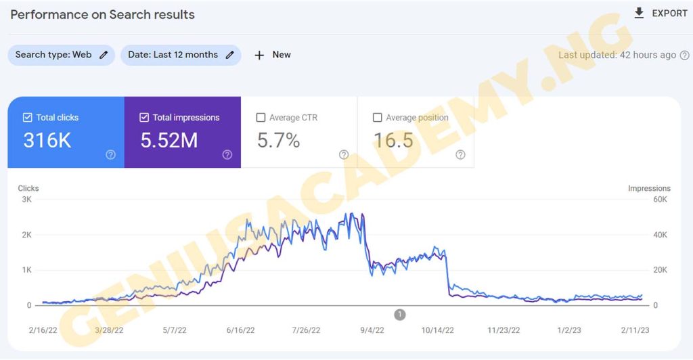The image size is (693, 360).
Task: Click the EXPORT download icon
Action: pos(639,14)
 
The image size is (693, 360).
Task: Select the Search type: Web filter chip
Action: pos(61,55)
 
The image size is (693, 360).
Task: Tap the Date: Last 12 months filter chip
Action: pos(181,55)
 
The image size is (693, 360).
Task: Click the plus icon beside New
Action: pos(259,55)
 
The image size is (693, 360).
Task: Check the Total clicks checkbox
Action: pos(28,118)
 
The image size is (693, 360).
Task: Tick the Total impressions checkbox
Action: pos(144,118)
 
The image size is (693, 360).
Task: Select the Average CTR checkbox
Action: pos(261,118)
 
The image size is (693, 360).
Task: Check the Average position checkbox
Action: pos(378,118)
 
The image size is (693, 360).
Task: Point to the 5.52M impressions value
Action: pos(169,140)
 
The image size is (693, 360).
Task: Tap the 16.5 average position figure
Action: pos(393,140)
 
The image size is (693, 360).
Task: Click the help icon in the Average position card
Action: pos(460,155)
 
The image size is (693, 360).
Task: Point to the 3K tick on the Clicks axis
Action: pos(26,200)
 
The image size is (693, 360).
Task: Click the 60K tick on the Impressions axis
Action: pos(660,200)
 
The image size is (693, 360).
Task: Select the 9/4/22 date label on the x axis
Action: pos(373,330)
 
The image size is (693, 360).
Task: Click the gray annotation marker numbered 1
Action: pos(400,315)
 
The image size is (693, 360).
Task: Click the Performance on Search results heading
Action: pos(102,14)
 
